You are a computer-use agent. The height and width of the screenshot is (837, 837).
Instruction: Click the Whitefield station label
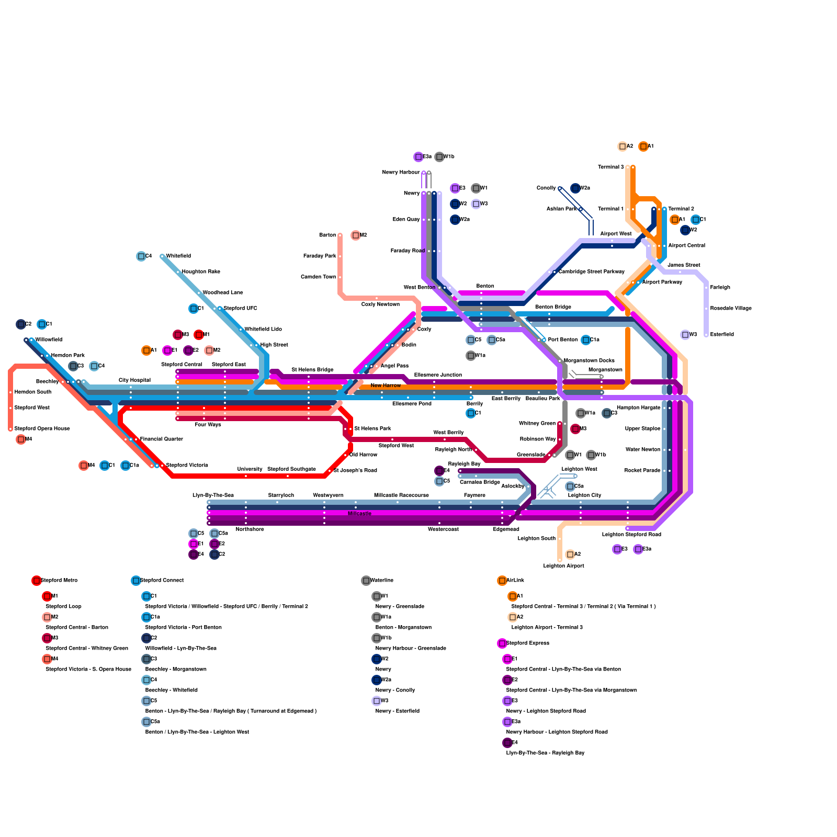coord(178,256)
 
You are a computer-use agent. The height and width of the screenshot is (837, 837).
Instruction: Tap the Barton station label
coord(327,235)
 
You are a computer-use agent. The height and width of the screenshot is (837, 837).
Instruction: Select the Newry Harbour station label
coord(401,173)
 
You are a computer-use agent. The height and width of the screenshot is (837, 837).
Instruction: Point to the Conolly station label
coord(546,188)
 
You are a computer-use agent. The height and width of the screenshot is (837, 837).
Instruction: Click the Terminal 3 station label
coord(611,167)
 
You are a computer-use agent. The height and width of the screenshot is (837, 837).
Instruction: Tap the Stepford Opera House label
coord(42,429)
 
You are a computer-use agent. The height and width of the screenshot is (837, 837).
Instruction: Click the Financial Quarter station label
coord(162,439)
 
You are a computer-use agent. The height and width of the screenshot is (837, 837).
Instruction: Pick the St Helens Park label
coord(372,429)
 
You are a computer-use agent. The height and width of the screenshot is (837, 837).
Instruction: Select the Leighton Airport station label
coord(563,566)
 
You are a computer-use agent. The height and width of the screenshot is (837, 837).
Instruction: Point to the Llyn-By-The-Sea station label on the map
coord(213,495)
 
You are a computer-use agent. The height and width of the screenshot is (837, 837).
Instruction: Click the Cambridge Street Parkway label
coord(591,272)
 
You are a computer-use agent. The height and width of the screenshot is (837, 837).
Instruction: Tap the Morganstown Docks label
coord(589,361)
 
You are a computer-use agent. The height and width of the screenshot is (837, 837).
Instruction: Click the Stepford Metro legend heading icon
coord(37,581)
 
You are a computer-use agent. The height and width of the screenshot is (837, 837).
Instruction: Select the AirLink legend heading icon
coord(502,581)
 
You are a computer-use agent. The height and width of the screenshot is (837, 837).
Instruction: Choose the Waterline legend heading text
coord(382,581)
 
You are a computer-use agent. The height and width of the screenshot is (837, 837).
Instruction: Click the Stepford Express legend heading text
coord(528,643)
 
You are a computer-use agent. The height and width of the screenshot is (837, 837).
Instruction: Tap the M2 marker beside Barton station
coord(356,235)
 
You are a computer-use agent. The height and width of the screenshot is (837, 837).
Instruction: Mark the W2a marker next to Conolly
coord(575,188)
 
